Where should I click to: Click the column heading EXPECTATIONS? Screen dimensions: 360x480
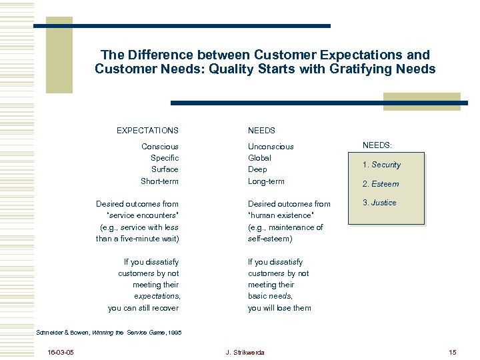pos(147,131)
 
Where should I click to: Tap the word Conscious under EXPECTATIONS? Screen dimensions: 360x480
pos(160,146)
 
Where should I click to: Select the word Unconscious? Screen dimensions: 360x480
pos(271,146)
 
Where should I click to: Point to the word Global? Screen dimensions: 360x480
pos(259,158)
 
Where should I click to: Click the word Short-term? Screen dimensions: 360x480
pos(159,181)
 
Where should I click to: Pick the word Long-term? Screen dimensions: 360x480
pos(266,181)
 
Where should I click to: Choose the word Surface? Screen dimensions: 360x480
pos(164,169)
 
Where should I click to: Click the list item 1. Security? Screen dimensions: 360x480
pos(381,165)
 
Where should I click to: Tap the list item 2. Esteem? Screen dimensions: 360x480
pos(380,184)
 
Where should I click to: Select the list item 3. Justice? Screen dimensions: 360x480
pos(379,203)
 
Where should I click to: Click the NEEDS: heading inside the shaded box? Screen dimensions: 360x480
pos(377,145)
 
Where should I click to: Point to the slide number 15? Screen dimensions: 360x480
pos(452,352)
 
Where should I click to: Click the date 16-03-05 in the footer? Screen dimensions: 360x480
pos(61,352)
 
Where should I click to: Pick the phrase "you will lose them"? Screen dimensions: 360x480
pos(279,308)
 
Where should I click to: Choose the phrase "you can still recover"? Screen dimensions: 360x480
pos(143,308)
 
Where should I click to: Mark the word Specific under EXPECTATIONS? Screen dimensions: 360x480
pos(165,158)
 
